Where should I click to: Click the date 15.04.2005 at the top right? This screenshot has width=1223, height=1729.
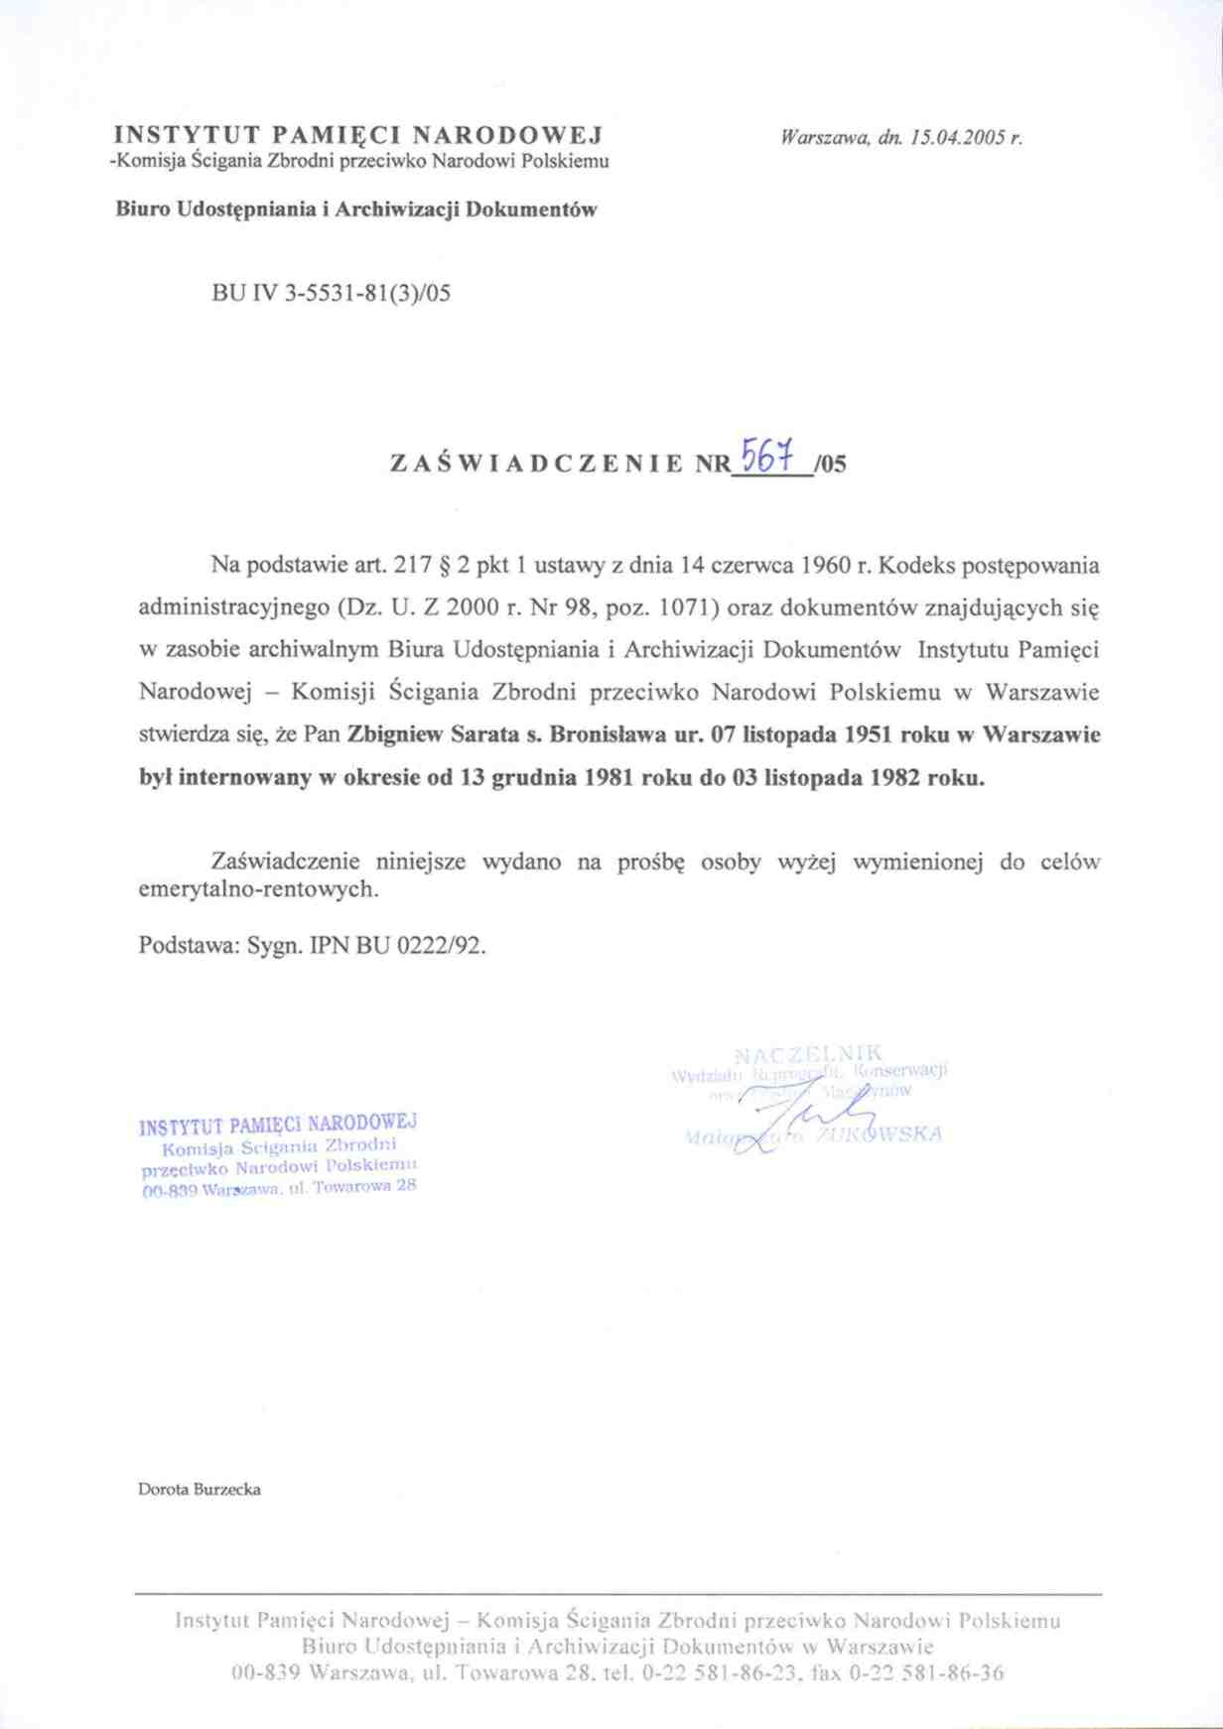(x=953, y=138)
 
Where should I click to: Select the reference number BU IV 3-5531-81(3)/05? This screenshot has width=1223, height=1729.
(x=332, y=293)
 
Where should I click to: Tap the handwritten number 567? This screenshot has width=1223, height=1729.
(x=771, y=458)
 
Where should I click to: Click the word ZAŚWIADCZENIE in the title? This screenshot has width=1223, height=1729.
(x=536, y=464)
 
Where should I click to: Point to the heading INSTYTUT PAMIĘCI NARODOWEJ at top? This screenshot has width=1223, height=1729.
(x=359, y=135)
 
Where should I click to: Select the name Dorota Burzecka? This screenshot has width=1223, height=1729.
(x=200, y=1489)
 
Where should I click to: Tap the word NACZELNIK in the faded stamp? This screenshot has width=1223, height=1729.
(x=809, y=1053)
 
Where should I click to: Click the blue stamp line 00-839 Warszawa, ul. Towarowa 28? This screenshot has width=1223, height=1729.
(x=279, y=1187)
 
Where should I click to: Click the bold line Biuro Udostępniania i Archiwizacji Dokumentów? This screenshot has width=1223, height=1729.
(x=356, y=209)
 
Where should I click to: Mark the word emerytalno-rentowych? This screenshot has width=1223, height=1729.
(x=258, y=889)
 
